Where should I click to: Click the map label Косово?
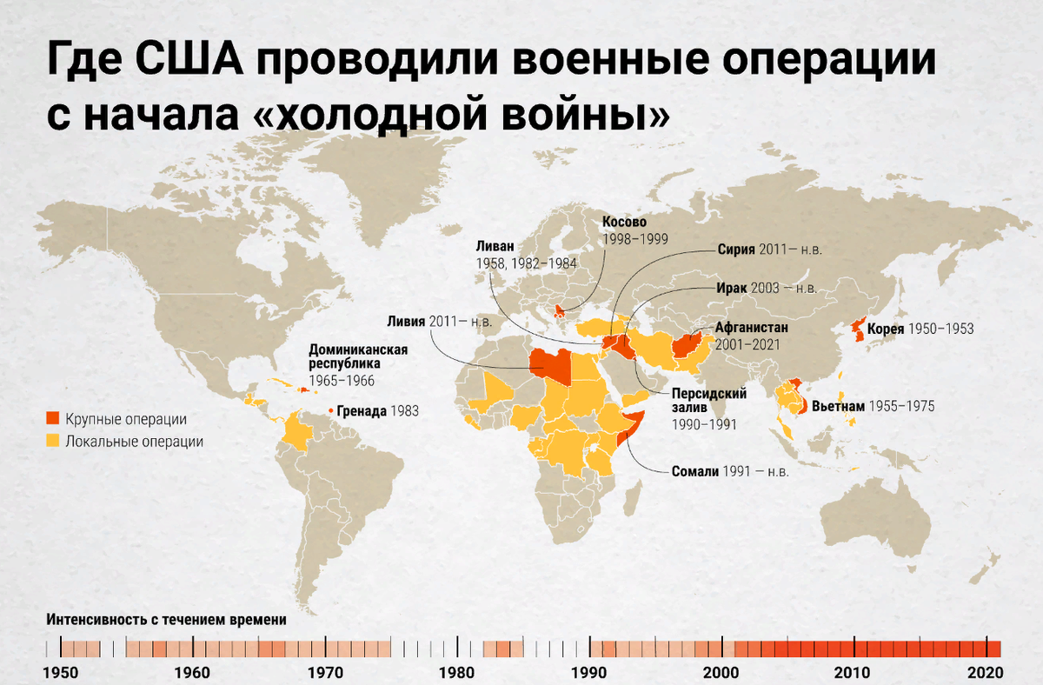[x=625, y=223]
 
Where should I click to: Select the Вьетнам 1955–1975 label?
[x=872, y=406]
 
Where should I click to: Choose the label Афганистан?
[x=751, y=329]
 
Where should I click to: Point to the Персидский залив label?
[x=709, y=401]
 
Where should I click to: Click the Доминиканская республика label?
[x=347, y=356]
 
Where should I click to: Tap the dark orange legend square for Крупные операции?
[x=53, y=419]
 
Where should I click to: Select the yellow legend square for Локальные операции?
[x=53, y=441]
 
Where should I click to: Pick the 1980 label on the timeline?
[x=457, y=672]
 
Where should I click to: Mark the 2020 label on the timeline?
[x=986, y=672]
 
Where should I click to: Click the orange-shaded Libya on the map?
[x=549, y=365]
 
